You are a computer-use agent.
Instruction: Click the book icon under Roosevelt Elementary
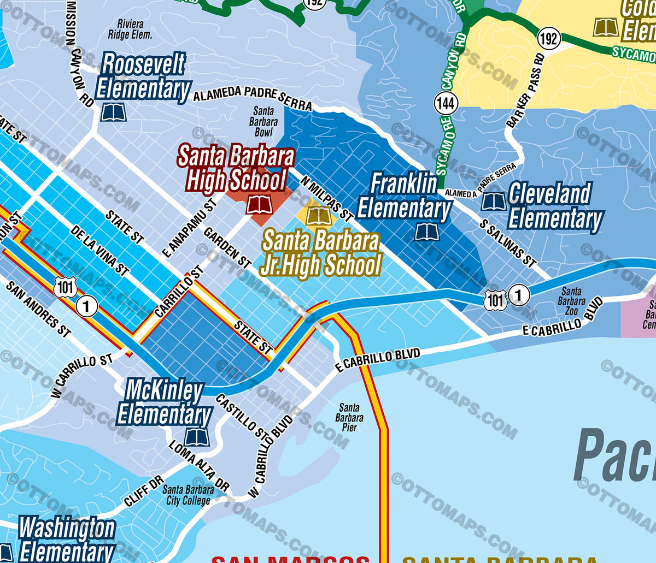coord(114,113)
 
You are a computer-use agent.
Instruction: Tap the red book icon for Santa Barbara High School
coord(259,205)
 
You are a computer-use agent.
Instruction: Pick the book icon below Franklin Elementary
coord(426,232)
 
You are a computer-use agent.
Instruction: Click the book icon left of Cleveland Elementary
coord(493,202)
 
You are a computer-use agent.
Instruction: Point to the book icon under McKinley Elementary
coord(196,437)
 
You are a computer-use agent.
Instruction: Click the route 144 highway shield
coord(446,103)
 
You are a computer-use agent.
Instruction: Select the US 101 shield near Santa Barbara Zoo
coord(495,300)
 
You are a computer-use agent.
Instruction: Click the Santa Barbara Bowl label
coord(263,122)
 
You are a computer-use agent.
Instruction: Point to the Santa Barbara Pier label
coord(349,417)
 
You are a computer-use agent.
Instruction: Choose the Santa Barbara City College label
coord(188,495)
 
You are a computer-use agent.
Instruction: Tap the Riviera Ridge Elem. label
coord(130,29)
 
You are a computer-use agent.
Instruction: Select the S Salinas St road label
coord(508,243)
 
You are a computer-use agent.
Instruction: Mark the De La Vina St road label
coord(99,250)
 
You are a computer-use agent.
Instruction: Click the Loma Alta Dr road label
coord(198,465)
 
